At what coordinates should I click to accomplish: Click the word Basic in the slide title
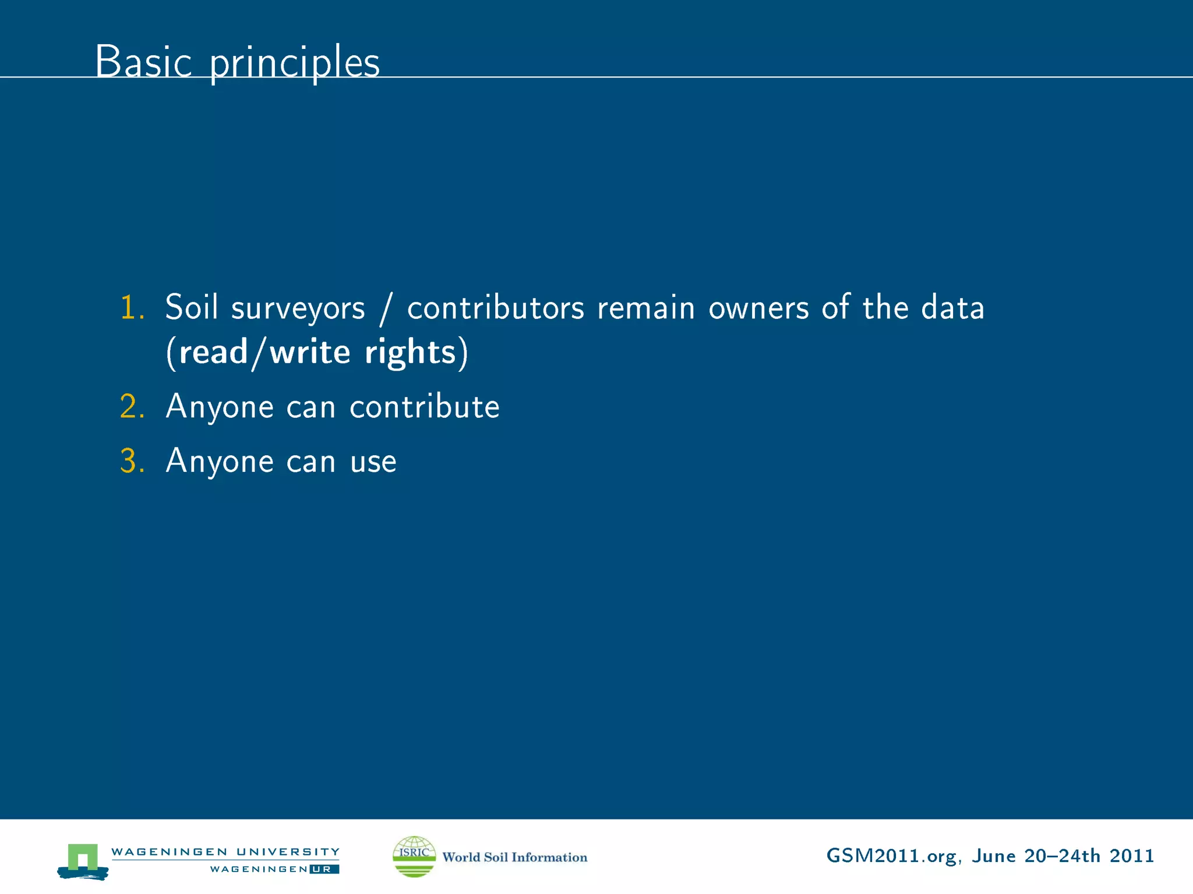point(143,62)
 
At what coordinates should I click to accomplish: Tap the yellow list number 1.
point(131,307)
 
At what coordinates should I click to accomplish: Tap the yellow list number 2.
point(131,406)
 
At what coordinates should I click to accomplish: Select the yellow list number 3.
point(131,461)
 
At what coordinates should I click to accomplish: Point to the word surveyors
point(298,308)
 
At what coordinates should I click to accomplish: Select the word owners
point(758,308)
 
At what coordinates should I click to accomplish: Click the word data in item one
point(952,307)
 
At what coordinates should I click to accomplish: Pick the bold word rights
point(410,353)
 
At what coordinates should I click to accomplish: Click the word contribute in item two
point(424,406)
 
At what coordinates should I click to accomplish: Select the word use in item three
point(373,462)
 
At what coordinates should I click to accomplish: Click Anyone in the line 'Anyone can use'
point(219,462)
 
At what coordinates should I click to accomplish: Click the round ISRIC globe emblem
point(414,856)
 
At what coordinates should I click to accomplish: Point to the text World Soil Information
point(514,857)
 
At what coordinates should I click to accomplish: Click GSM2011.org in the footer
point(891,856)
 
